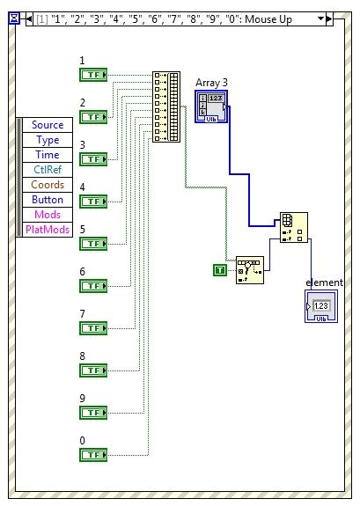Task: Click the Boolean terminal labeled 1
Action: pyautogui.click(x=92, y=75)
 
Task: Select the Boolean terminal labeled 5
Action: pyautogui.click(x=92, y=243)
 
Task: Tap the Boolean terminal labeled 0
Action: pyautogui.click(x=92, y=454)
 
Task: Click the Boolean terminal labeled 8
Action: pyautogui.click(x=92, y=370)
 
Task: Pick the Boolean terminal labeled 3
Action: pyautogui.click(x=92, y=158)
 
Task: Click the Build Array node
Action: pyautogui.click(x=166, y=106)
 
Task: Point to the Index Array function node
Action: pyautogui.click(x=293, y=226)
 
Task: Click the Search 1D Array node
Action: pyautogui.click(x=249, y=270)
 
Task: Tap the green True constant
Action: pyautogui.click(x=220, y=269)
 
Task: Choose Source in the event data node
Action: pyautogui.click(x=48, y=125)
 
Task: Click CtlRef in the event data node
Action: pyautogui.click(x=48, y=170)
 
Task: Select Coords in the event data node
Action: pyautogui.click(x=48, y=185)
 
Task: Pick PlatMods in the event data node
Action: pyautogui.click(x=48, y=230)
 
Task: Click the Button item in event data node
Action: pyautogui.click(x=48, y=200)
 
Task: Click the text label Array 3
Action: pyautogui.click(x=211, y=82)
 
